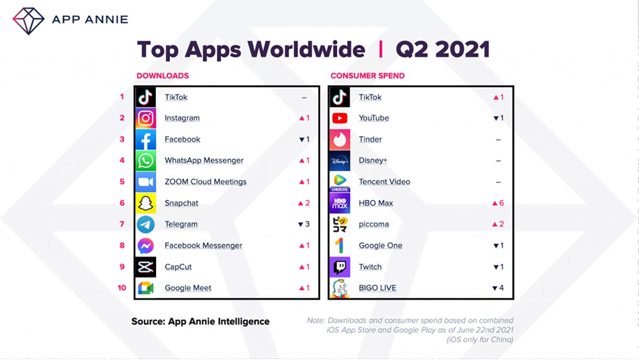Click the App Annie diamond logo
pyautogui.click(x=28, y=20)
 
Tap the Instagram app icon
pyautogui.click(x=145, y=118)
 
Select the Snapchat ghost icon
pyautogui.click(x=145, y=203)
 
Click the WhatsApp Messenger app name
pyautogui.click(x=204, y=160)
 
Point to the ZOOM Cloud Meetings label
pyautogui.click(x=206, y=182)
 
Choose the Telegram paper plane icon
pyautogui.click(x=145, y=224)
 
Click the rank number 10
pyautogui.click(x=122, y=288)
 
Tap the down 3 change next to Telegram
pyautogui.click(x=304, y=224)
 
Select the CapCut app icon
pyautogui.click(x=145, y=267)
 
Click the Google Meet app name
pyautogui.click(x=188, y=288)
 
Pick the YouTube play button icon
pyautogui.click(x=340, y=118)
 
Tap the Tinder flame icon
pyautogui.click(x=340, y=140)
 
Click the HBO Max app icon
pyautogui.click(x=340, y=203)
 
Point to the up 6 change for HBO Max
pyautogui.click(x=498, y=203)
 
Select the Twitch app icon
pyautogui.click(x=340, y=267)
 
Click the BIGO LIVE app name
pyautogui.click(x=378, y=288)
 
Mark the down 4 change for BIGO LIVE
pyautogui.click(x=498, y=288)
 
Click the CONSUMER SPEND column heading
pyautogui.click(x=367, y=76)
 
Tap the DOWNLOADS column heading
pyautogui.click(x=162, y=76)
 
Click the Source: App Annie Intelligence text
pyautogui.click(x=200, y=321)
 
